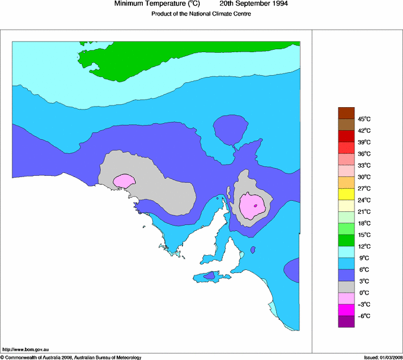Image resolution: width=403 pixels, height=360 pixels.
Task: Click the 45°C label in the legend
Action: pyautogui.click(x=363, y=119)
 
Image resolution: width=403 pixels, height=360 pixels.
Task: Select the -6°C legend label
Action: pyautogui.click(x=363, y=316)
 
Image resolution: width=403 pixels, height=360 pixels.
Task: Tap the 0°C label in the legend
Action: pyautogui.click(x=363, y=293)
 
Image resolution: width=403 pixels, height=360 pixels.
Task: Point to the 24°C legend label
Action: pyautogui.click(x=363, y=200)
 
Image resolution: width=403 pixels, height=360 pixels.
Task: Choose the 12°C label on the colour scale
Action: pyautogui.click(x=363, y=246)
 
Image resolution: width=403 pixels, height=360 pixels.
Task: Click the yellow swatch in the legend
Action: pyautogui.click(x=346, y=194)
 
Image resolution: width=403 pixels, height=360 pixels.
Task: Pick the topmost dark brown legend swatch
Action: pyautogui.click(x=346, y=112)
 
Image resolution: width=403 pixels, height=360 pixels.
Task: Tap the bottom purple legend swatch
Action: pyautogui.click(x=346, y=322)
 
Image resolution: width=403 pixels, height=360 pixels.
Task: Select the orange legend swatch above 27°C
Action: pyautogui.click(x=346, y=182)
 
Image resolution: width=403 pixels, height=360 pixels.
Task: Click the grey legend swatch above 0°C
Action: pyautogui.click(x=346, y=287)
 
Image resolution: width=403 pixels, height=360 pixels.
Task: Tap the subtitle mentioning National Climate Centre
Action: pyautogui.click(x=201, y=14)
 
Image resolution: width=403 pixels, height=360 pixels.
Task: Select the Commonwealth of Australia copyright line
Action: pyautogui.click(x=71, y=357)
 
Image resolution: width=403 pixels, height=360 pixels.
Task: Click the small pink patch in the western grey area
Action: pyautogui.click(x=124, y=181)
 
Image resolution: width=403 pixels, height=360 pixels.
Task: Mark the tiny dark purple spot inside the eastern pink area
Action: pyautogui.click(x=255, y=205)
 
